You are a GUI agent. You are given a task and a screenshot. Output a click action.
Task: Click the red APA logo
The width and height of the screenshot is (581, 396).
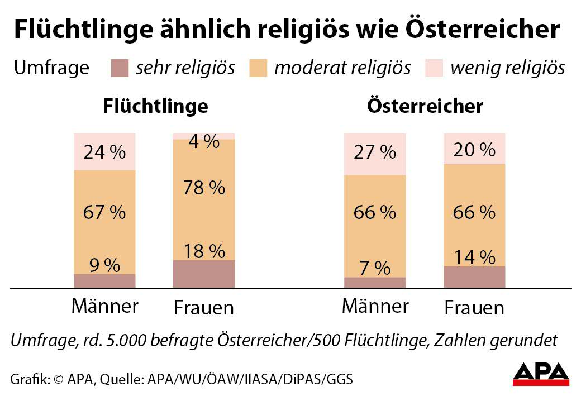click(541, 374)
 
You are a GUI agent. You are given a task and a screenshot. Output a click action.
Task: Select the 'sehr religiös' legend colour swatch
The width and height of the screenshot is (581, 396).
click(120, 68)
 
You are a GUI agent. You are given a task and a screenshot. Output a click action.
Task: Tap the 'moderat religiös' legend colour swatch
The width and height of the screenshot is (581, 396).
click(260, 68)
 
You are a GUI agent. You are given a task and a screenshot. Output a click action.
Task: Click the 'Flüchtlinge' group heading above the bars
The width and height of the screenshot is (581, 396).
click(155, 106)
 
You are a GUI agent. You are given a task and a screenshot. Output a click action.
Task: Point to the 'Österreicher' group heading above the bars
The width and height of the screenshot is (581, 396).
click(425, 106)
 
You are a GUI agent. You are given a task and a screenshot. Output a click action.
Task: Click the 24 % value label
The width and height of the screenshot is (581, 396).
click(104, 152)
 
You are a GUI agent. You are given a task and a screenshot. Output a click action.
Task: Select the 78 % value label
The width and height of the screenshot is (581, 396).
click(204, 188)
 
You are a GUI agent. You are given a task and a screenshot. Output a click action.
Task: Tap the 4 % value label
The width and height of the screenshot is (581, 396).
click(203, 142)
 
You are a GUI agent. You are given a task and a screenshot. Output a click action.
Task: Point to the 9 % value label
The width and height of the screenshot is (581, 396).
click(104, 265)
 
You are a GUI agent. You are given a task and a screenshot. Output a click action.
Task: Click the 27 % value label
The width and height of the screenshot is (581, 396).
click(375, 152)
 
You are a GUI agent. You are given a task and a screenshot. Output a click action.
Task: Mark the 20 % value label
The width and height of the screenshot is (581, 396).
click(474, 150)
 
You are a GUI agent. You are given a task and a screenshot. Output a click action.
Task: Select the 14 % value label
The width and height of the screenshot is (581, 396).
click(474, 257)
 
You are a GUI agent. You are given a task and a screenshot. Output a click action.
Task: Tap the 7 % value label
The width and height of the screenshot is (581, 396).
click(375, 268)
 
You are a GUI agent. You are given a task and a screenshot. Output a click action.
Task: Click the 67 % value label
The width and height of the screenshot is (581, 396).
click(104, 212)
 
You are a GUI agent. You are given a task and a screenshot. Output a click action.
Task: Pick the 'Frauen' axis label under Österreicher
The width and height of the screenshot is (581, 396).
click(474, 308)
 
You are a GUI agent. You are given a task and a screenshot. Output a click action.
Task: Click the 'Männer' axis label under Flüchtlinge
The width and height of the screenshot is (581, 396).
click(104, 306)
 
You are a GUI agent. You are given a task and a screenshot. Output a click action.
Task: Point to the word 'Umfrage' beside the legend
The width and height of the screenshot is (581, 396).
click(51, 68)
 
